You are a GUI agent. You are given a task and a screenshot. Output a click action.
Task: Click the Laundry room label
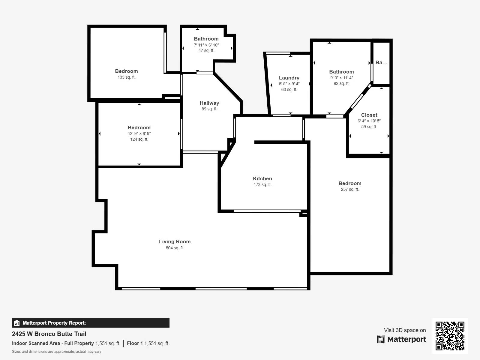point(289,78)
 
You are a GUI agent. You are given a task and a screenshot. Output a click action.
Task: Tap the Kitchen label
point(262,178)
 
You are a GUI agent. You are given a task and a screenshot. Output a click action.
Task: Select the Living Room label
point(175,241)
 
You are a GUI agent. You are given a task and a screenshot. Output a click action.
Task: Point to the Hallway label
point(209,103)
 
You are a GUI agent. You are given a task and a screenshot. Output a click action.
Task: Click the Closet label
point(369,115)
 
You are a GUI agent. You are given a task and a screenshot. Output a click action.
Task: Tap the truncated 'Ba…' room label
point(381,62)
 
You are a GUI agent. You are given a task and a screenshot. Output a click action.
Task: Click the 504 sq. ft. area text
point(175,248)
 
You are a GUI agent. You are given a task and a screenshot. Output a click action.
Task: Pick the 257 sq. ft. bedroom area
point(350,189)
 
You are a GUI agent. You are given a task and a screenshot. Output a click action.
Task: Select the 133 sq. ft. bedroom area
point(126,77)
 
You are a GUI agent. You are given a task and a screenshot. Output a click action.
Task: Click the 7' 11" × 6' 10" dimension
point(206,45)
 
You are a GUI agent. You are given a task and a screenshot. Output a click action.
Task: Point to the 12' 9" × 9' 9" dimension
point(139,133)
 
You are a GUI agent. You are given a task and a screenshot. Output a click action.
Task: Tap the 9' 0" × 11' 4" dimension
point(341,78)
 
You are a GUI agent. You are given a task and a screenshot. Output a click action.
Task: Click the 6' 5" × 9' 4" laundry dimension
point(289,84)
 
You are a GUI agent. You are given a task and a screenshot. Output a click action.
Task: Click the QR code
point(450,336)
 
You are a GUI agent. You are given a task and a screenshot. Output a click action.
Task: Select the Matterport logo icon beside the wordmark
point(381,339)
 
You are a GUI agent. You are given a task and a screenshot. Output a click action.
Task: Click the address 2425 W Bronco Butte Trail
point(49,334)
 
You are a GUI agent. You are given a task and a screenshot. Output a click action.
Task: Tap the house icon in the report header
point(17,323)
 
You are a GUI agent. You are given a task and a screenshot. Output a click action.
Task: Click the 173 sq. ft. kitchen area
point(262,184)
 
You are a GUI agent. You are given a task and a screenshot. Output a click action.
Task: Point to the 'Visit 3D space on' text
point(405,330)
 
